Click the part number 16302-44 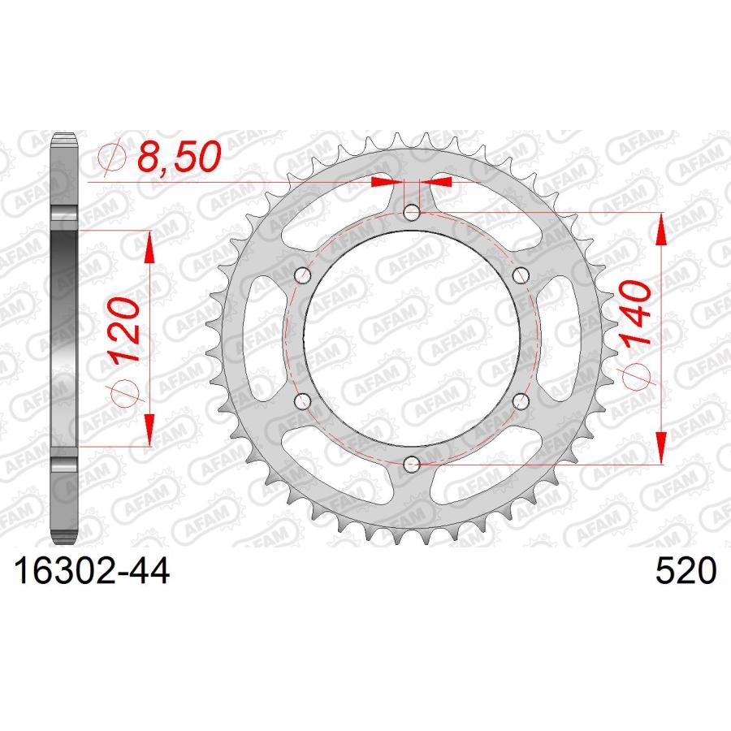pyautogui.click(x=89, y=572)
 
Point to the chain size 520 pyautogui.click(x=687, y=572)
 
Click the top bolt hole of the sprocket pyautogui.click(x=412, y=214)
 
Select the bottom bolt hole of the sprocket pyautogui.click(x=412, y=464)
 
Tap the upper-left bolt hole pyautogui.click(x=304, y=275)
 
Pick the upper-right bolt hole pyautogui.click(x=521, y=275)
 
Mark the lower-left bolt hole pyautogui.click(x=304, y=401)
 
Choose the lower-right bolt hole pyautogui.click(x=521, y=401)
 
